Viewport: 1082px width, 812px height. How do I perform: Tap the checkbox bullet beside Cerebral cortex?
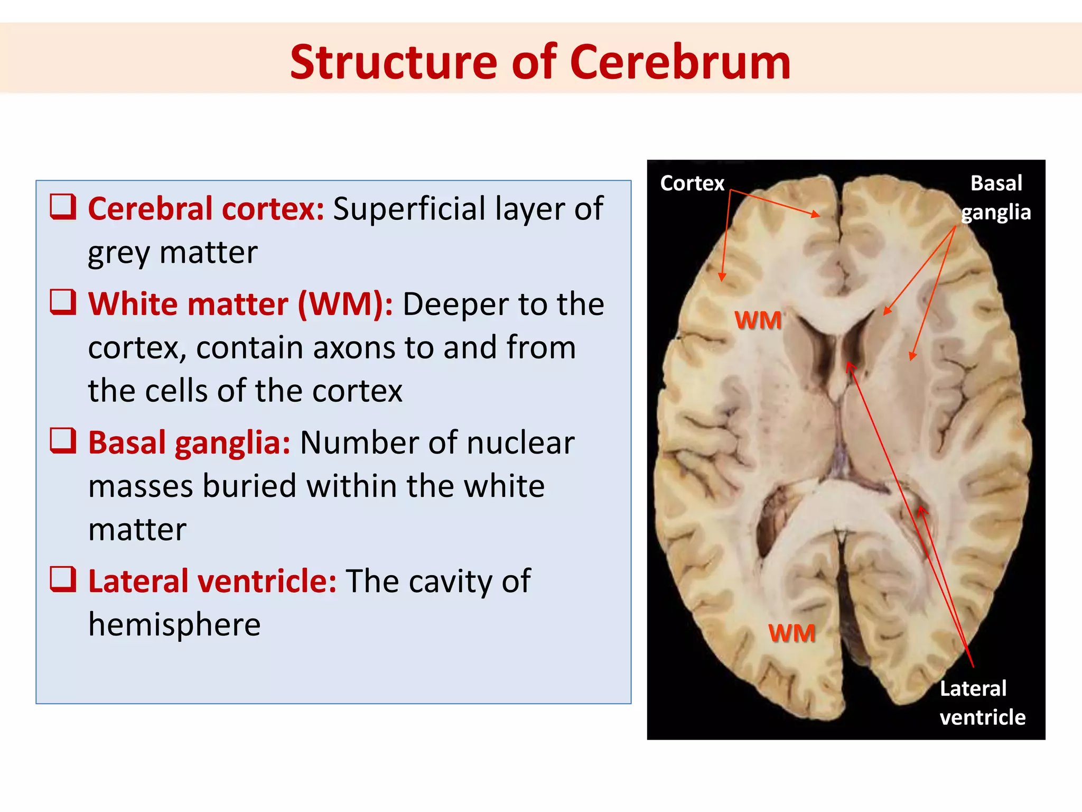(x=63, y=207)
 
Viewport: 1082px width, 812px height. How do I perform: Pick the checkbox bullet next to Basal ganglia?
(x=63, y=441)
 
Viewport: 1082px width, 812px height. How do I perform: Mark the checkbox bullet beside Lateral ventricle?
(x=63, y=579)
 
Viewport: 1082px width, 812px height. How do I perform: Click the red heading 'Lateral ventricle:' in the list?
(x=212, y=581)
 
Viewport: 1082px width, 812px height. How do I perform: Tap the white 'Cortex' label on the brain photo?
(x=692, y=183)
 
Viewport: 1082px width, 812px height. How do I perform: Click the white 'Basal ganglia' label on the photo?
(x=996, y=197)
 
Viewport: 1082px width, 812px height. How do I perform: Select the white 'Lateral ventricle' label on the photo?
(x=982, y=703)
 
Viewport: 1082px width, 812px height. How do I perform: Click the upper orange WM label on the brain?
(x=758, y=320)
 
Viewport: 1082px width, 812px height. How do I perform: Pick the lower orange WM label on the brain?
(x=791, y=633)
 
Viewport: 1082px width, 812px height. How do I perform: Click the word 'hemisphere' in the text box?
(x=174, y=624)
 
